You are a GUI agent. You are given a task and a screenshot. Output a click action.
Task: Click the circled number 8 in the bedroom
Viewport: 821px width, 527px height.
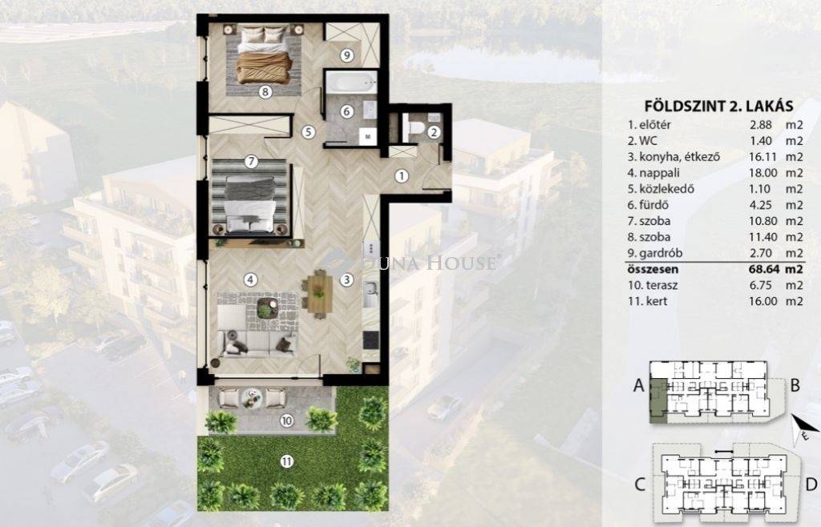265,92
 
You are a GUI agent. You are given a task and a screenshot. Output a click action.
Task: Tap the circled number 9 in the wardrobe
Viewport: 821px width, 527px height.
346,55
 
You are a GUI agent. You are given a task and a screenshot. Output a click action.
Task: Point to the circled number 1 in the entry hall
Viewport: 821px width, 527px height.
402,175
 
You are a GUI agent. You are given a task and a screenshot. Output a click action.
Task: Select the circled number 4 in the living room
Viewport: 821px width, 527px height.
251,280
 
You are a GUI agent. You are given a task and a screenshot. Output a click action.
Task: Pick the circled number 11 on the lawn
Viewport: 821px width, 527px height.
286,461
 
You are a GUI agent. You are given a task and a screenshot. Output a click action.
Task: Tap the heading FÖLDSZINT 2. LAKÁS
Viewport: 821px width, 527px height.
718,107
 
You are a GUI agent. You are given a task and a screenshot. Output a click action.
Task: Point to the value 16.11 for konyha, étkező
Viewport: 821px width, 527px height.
760,156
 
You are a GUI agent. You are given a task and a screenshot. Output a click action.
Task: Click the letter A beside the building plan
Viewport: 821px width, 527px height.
639,385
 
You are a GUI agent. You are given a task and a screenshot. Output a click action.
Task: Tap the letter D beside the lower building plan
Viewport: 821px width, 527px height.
811,485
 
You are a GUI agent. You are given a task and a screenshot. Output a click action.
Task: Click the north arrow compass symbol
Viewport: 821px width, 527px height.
802,428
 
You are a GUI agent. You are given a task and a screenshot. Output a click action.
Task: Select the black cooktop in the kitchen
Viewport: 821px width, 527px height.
371,340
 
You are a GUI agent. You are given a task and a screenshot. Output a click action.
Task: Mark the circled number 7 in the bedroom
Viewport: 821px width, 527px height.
251,161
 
